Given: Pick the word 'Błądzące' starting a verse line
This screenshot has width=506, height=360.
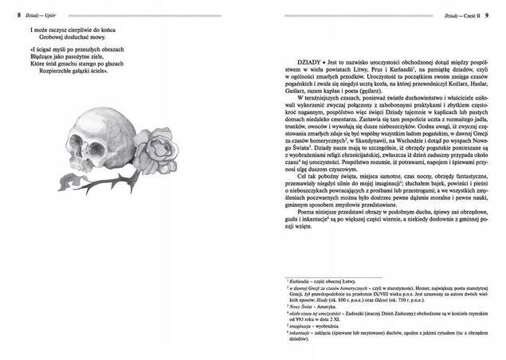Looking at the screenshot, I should click(x=44, y=56).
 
